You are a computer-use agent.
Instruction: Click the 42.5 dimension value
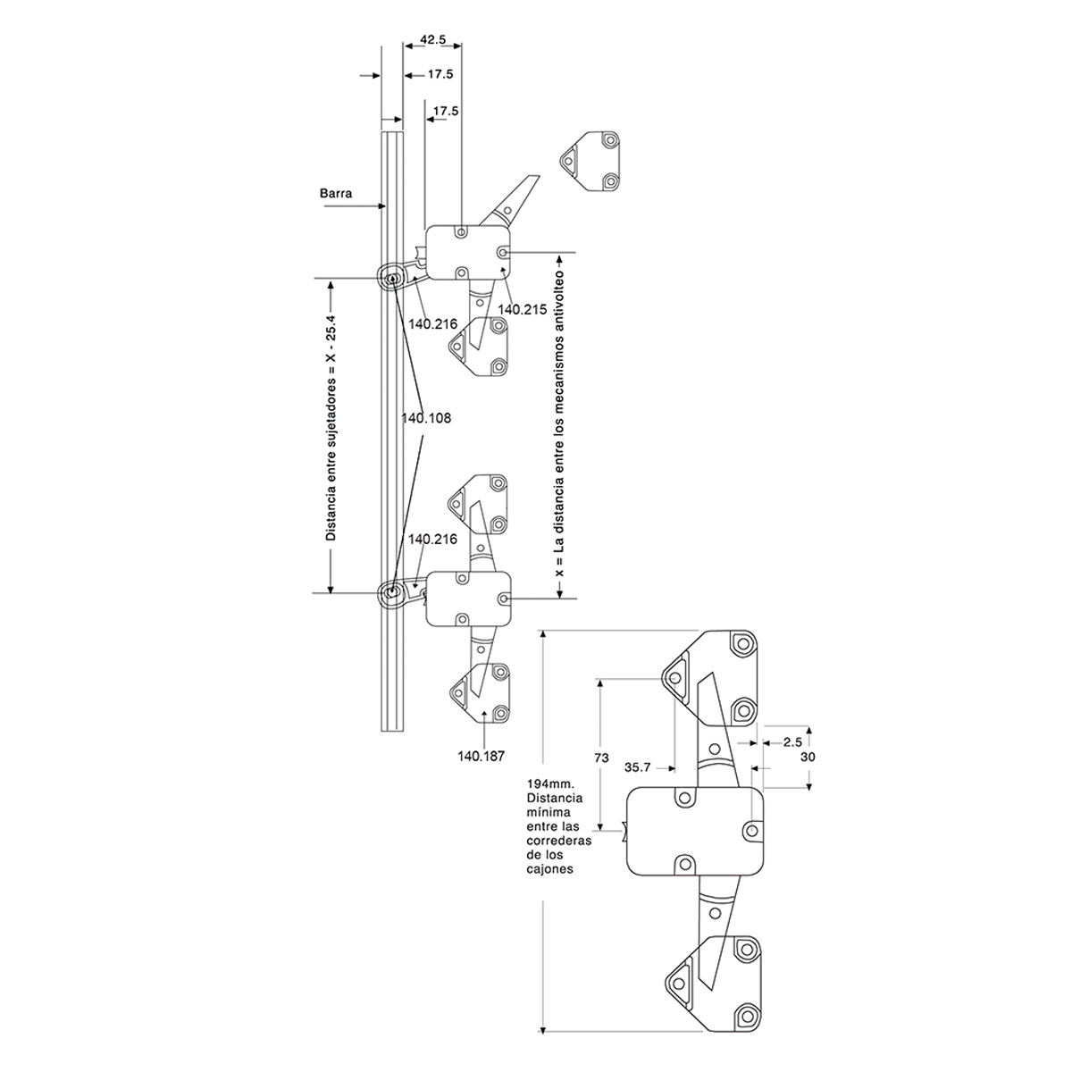click(x=432, y=39)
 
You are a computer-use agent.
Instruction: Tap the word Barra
click(x=333, y=192)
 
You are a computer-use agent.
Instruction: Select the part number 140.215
click(x=522, y=309)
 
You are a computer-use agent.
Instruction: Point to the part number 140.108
click(x=426, y=417)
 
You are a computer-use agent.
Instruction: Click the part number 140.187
click(x=482, y=756)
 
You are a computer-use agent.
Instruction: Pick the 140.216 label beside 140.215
click(x=432, y=323)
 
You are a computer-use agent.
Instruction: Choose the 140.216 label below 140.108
click(x=432, y=539)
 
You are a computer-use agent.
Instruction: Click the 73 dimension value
click(x=601, y=758)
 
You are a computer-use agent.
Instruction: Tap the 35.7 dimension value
click(x=637, y=766)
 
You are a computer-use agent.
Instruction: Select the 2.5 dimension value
click(x=791, y=741)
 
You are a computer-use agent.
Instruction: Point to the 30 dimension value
click(x=808, y=756)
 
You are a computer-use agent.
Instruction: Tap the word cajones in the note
click(x=549, y=867)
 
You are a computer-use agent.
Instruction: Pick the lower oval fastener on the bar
click(x=391, y=591)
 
